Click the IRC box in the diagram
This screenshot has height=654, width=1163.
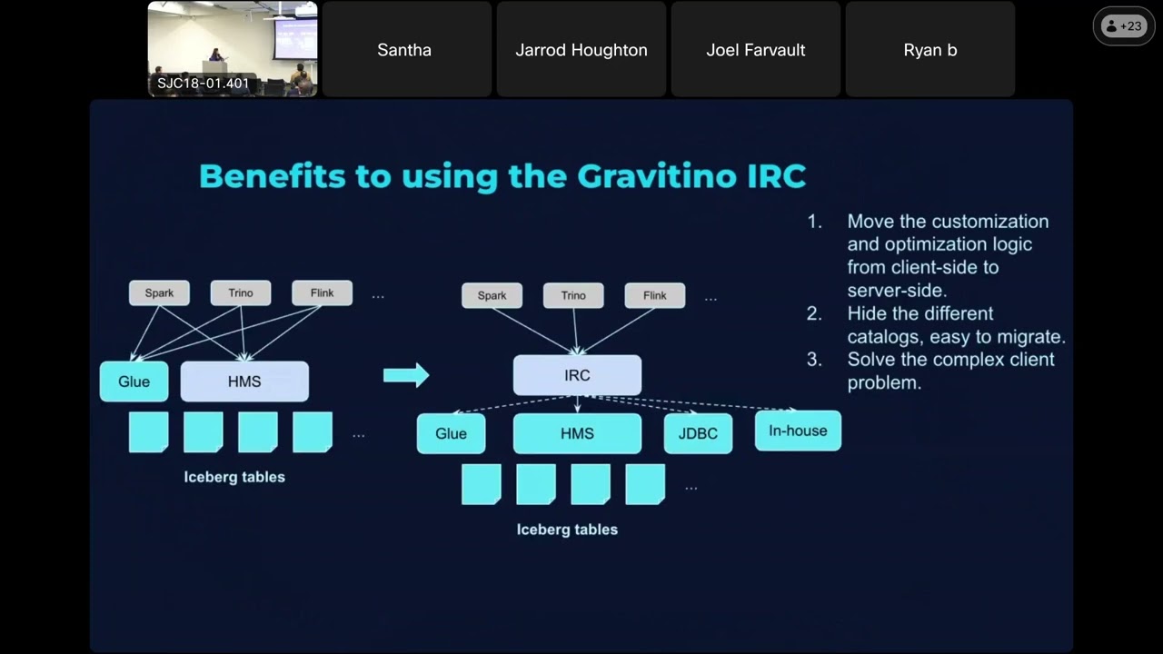[x=577, y=375]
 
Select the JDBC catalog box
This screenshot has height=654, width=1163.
[x=698, y=433]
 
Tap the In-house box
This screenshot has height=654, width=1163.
[x=798, y=431]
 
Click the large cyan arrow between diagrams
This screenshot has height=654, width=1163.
[x=406, y=374]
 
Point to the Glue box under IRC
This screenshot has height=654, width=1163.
[x=451, y=433]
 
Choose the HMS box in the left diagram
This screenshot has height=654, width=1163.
[x=244, y=381]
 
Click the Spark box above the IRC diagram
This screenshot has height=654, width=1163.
[x=492, y=295]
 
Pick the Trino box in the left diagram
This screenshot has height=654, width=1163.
[x=241, y=292]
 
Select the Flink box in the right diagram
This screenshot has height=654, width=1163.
[x=654, y=295]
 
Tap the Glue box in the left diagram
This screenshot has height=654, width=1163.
[x=134, y=381]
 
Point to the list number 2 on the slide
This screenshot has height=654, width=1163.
[x=814, y=313]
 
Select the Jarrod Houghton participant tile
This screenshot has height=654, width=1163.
[x=581, y=50]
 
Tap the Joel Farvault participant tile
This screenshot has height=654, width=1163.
[x=756, y=50]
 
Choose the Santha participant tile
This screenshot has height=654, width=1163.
[x=404, y=50]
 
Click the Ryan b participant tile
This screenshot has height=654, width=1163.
[x=930, y=50]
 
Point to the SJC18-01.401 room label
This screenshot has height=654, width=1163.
[x=203, y=84]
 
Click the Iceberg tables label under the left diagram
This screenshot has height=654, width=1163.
[x=234, y=477]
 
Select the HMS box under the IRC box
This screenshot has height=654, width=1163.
[x=577, y=433]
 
